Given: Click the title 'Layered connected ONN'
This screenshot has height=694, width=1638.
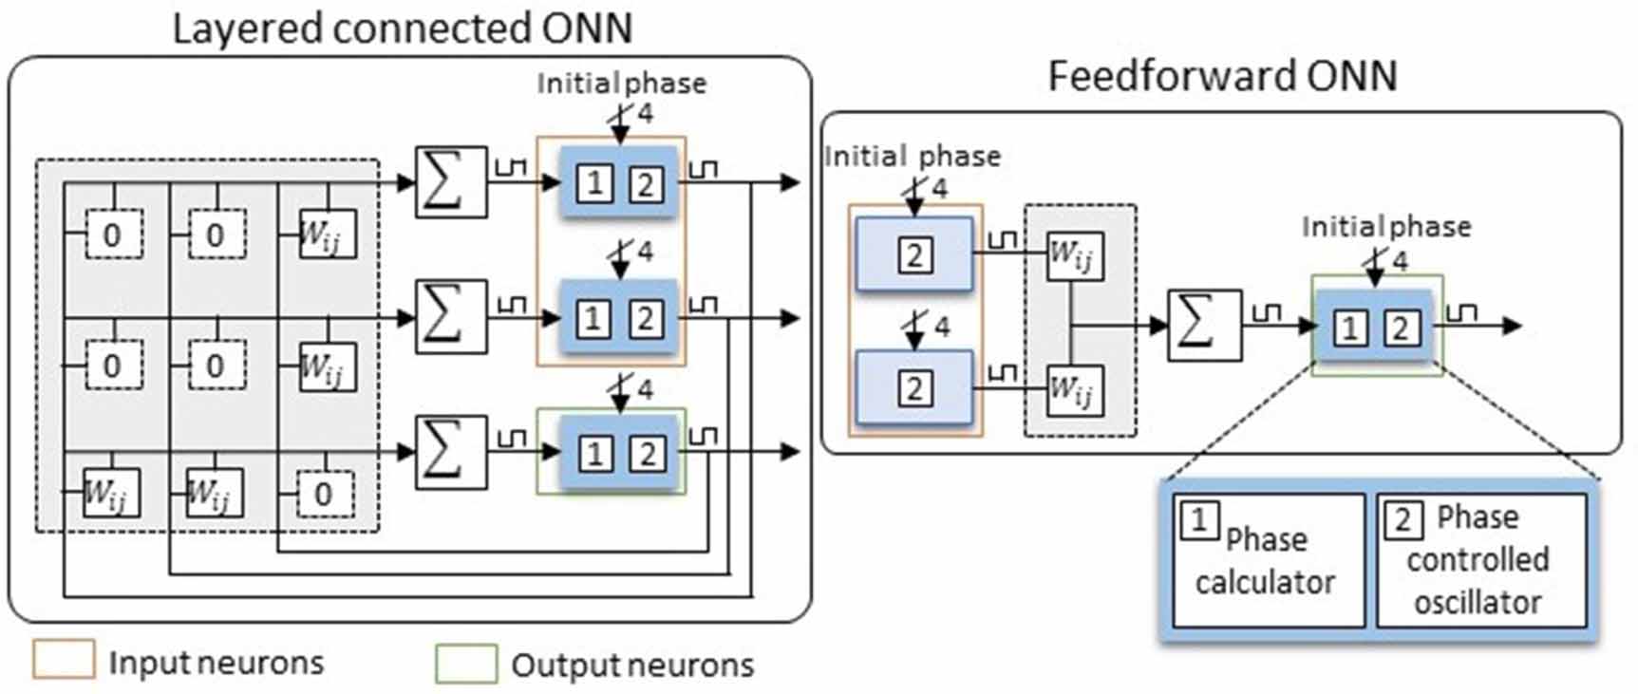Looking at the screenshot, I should (x=402, y=28).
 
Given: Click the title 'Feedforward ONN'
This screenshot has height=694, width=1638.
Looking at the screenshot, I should (x=1222, y=76).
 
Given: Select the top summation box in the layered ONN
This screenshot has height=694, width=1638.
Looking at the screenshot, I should (x=451, y=181).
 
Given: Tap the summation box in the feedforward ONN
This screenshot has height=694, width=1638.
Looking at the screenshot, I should (x=1204, y=325).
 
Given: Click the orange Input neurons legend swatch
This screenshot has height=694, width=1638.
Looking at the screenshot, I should (x=64, y=660).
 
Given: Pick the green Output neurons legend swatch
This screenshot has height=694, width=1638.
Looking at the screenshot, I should (x=466, y=664).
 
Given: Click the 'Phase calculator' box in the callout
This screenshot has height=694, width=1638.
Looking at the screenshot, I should (x=1268, y=560).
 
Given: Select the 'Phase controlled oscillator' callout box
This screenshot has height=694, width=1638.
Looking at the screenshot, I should (x=1480, y=560).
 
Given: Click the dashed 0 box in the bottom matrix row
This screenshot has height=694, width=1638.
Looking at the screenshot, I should (x=324, y=494).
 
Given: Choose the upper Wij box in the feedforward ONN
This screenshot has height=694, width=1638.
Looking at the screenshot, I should (x=1074, y=255).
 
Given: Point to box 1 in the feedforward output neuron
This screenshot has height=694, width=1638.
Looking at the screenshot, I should (x=1349, y=328).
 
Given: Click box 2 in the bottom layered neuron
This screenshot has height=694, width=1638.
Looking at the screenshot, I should (x=647, y=454).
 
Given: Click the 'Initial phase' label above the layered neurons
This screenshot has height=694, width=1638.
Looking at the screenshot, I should (x=621, y=84).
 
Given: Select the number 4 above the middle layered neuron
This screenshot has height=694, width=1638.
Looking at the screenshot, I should (x=646, y=252).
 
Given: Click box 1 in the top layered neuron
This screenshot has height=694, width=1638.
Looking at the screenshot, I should (x=594, y=182).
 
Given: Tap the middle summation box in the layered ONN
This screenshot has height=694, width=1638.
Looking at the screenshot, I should (x=451, y=316).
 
